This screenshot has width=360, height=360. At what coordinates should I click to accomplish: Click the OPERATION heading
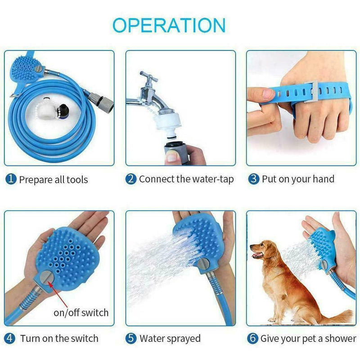click(x=169, y=25)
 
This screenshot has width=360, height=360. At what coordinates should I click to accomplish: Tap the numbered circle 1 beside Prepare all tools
click(x=10, y=180)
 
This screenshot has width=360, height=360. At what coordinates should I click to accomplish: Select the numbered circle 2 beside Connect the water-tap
click(x=130, y=179)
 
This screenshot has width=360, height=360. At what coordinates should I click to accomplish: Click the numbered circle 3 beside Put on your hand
click(x=254, y=179)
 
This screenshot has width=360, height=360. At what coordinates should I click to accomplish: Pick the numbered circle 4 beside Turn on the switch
click(x=10, y=338)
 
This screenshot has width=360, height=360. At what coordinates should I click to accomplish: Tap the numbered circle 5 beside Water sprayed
click(x=130, y=338)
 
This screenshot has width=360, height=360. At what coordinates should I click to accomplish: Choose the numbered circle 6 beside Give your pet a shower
click(x=253, y=338)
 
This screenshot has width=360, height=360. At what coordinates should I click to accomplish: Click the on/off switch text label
click(x=81, y=312)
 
